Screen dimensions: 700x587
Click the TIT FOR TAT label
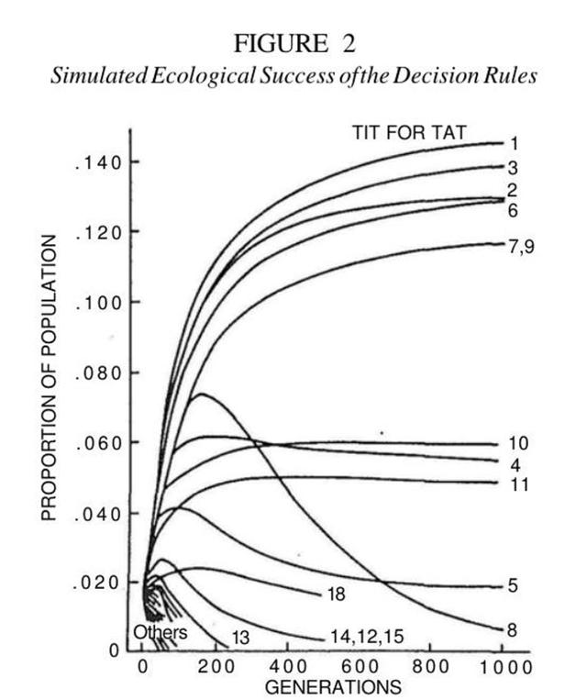[x=409, y=132]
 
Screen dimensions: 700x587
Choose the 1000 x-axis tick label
[x=501, y=666]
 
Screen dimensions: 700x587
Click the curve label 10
[x=518, y=444]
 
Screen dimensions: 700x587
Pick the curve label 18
[x=336, y=594]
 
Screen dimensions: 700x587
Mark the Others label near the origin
[x=160, y=633]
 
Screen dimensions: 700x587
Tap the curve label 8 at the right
[x=512, y=630]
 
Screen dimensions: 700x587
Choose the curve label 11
[x=518, y=483]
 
